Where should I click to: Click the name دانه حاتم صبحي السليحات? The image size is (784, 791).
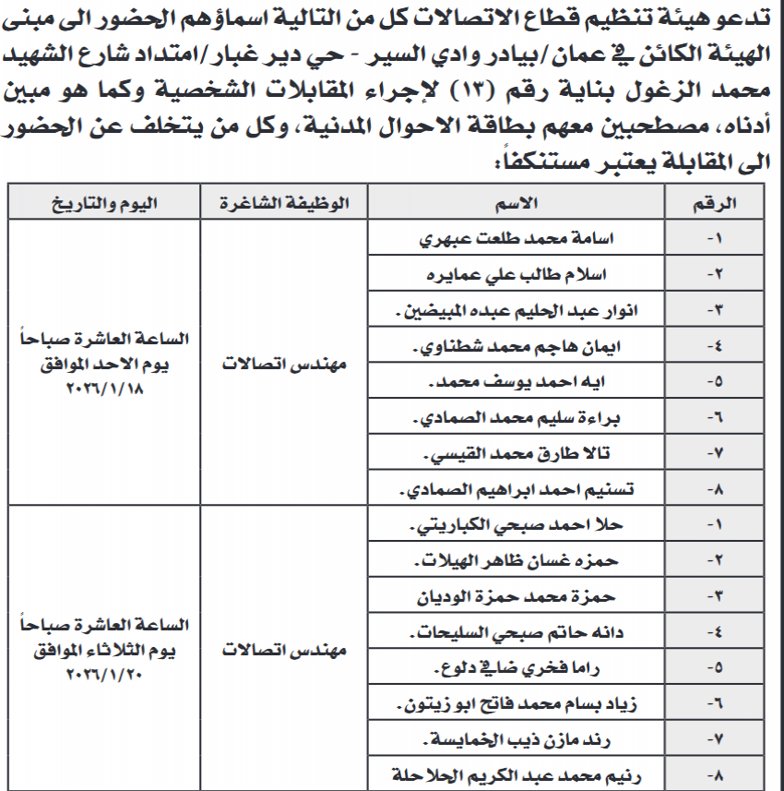525,634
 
